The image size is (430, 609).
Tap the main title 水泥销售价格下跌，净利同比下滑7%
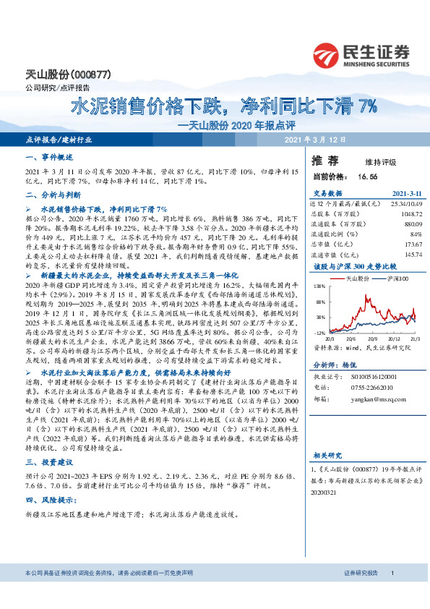(224, 106)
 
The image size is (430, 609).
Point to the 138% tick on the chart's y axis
(319, 287)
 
